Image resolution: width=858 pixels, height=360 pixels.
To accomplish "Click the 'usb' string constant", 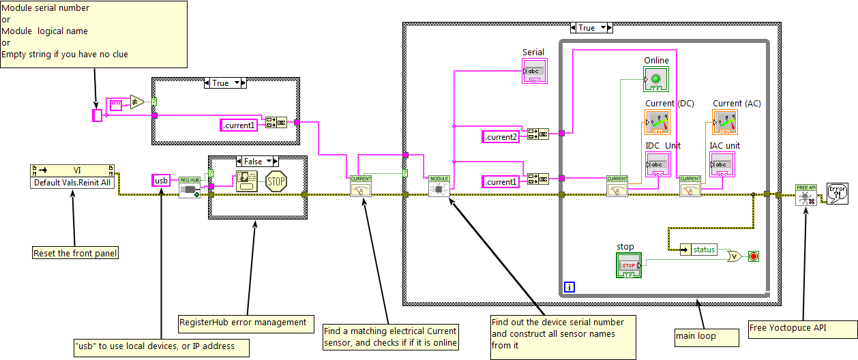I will (161, 181).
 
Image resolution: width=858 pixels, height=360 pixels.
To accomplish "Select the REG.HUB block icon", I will (189, 187).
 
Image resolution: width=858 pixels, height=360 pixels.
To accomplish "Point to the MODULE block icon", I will (439, 186).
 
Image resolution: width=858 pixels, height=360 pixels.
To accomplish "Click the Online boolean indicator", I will (655, 79).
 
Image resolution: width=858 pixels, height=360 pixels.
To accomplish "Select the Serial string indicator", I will (535, 71).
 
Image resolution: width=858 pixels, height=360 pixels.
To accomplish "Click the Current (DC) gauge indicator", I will (657, 121).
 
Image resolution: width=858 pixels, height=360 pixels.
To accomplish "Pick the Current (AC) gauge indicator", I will (724, 121).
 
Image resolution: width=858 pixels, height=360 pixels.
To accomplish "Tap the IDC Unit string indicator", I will (657, 165).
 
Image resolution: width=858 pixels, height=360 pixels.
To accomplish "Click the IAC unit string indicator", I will (723, 165).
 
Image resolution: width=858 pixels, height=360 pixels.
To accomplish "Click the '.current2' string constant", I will (501, 137).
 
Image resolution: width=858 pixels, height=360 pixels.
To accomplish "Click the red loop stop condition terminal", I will (753, 256).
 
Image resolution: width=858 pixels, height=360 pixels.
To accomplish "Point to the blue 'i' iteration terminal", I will (569, 288).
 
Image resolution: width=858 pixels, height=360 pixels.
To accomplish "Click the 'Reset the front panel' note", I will (75, 254).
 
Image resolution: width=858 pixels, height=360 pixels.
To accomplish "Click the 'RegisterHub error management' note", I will (242, 322).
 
